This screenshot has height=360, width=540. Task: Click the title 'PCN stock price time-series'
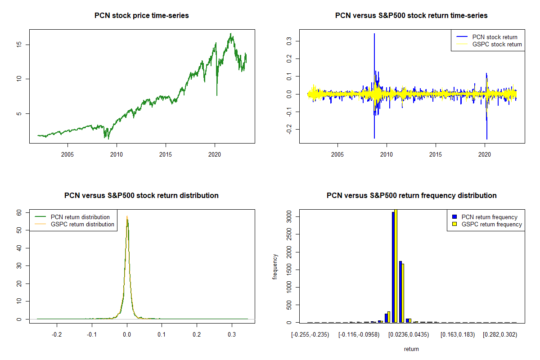tap(142, 16)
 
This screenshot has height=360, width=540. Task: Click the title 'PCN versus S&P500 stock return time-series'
tap(411, 16)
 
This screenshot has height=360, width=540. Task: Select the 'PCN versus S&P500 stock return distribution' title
tap(142, 196)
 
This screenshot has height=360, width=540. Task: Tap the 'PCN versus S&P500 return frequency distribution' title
tap(411, 196)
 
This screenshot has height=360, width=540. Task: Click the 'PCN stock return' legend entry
tap(495, 37)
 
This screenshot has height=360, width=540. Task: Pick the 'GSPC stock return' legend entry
tap(497, 44)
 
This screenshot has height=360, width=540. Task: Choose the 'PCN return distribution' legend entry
tap(80, 217)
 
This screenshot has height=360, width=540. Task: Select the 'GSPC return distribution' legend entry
tap(82, 224)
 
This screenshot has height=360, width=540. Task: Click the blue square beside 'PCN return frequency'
tap(455, 217)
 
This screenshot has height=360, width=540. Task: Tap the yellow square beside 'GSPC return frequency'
tap(455, 224)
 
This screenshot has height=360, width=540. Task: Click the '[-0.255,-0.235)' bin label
tap(310, 335)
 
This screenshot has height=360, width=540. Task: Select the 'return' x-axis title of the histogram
tap(411, 349)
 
